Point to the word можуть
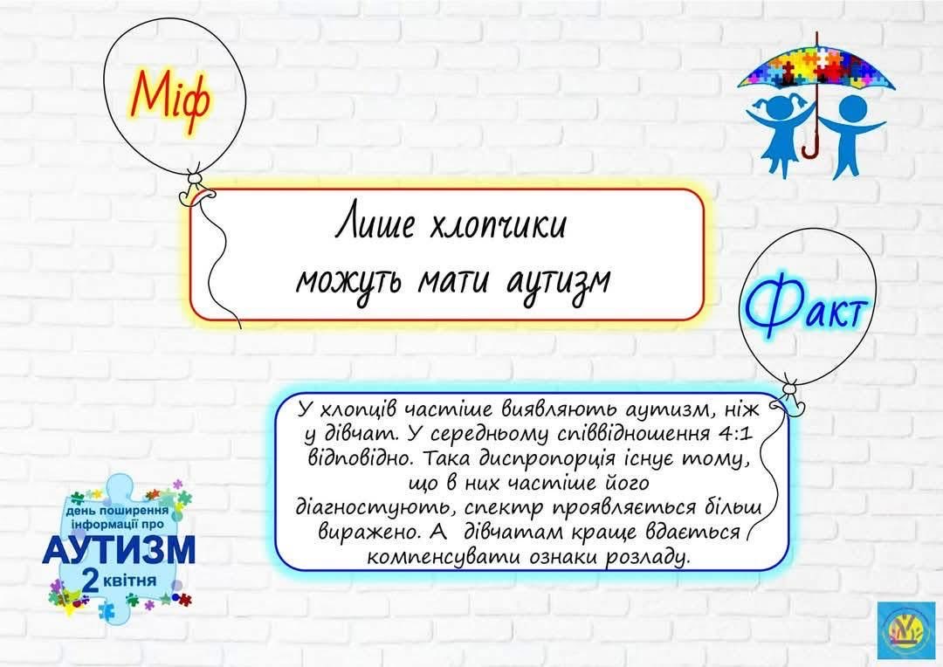tap(350, 282)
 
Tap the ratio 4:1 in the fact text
tap(735, 433)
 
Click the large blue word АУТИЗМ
tap(119, 549)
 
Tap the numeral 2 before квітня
tap(91, 581)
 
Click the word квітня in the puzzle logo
tap(129, 581)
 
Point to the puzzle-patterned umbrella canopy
tap(816, 67)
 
